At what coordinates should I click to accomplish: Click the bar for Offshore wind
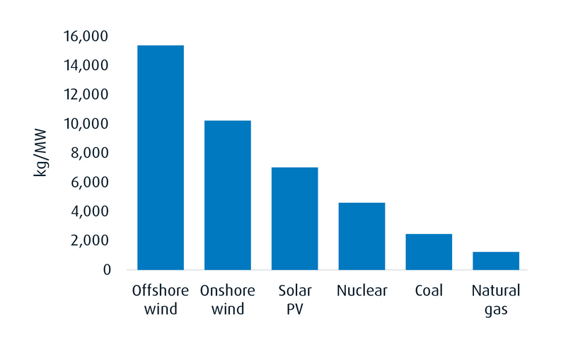(x=161, y=157)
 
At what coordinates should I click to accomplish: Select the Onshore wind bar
(x=228, y=194)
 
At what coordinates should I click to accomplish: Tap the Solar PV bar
(x=295, y=218)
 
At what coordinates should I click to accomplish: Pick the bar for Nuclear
(x=362, y=236)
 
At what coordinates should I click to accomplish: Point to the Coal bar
(x=429, y=251)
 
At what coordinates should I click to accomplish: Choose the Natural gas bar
(x=496, y=260)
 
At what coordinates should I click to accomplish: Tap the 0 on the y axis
(x=108, y=269)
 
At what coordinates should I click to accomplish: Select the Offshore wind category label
(x=161, y=300)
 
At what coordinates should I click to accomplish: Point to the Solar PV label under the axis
(x=295, y=300)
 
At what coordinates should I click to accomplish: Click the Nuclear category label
(x=362, y=291)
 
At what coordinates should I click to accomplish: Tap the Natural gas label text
(x=496, y=300)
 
